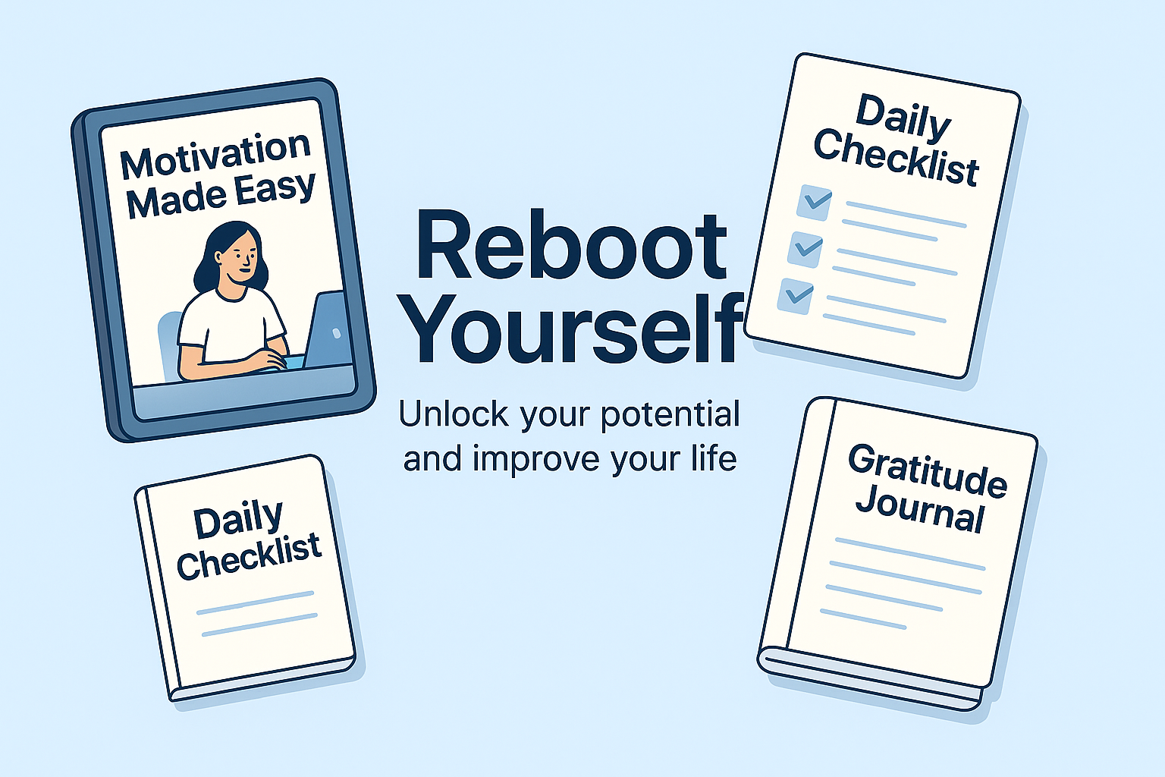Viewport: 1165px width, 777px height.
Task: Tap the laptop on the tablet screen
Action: pyautogui.click(x=325, y=330)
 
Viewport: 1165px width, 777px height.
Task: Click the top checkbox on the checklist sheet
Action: pyautogui.click(x=814, y=203)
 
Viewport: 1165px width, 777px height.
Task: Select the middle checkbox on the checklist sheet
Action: pyautogui.click(x=805, y=250)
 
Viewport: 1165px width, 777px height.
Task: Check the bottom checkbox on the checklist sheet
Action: pyautogui.click(x=795, y=296)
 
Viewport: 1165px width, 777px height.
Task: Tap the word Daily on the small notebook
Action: pyautogui.click(x=239, y=521)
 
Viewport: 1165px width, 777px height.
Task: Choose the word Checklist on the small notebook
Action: pyautogui.click(x=249, y=555)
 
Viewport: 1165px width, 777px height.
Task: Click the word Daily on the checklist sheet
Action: pyautogui.click(x=903, y=118)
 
